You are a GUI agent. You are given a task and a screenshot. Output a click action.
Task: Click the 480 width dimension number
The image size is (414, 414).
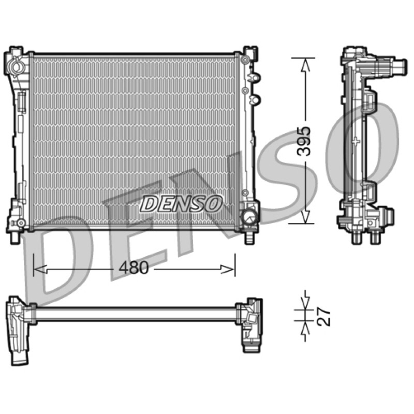(x=134, y=268)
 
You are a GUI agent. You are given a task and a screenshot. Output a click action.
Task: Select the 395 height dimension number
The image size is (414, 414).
(x=304, y=141)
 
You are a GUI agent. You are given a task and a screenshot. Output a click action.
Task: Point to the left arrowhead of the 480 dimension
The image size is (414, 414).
(x=40, y=269)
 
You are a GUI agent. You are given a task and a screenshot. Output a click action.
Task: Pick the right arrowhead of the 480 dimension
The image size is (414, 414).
(x=228, y=269)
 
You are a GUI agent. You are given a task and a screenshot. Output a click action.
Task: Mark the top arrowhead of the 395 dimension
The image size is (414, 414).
(x=305, y=65)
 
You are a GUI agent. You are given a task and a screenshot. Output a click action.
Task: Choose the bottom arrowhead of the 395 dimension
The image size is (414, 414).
(x=305, y=216)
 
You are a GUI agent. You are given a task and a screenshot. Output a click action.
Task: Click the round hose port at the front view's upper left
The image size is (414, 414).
(x=16, y=66)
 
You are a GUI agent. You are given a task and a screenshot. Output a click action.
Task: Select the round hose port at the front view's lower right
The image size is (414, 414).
(x=249, y=216)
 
